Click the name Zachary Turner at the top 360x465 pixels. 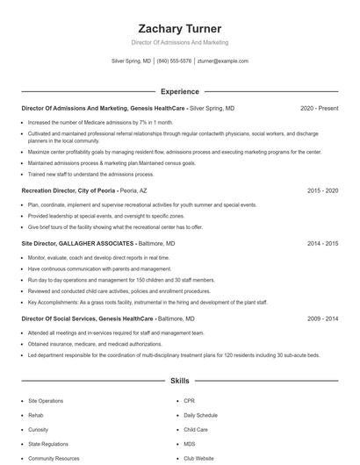point(180,28)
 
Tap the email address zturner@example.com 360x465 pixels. point(223,61)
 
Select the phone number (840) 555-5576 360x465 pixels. point(174,61)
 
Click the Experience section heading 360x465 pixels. point(180,91)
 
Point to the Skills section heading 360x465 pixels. point(180,382)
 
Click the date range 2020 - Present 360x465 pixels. point(319,108)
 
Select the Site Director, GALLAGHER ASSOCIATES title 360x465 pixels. point(78,243)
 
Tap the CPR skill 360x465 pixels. point(190,401)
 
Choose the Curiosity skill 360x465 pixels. point(39,430)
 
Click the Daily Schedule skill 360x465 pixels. point(201,415)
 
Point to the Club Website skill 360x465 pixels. point(198,458)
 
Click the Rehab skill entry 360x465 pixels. point(35,415)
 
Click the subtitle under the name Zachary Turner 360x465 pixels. point(180,42)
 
